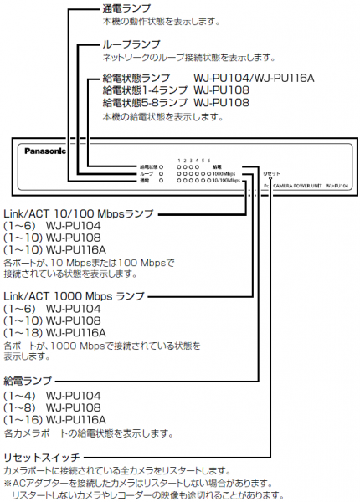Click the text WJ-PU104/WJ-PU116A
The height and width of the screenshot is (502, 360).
pos(254,77)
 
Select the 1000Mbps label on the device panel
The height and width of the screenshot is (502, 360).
pos(226,173)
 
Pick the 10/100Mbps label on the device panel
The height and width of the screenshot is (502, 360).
pos(226,180)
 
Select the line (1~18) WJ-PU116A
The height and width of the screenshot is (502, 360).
pos(55,333)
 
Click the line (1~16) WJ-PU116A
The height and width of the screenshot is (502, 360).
pos(55,419)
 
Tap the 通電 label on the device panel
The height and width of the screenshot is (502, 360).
pos(145,180)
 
